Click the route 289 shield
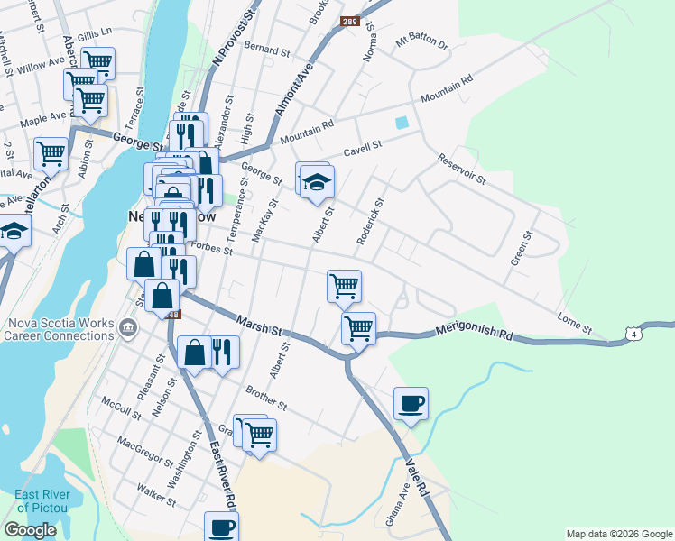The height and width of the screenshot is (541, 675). [x=349, y=21]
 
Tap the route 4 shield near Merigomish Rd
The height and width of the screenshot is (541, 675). [x=636, y=335]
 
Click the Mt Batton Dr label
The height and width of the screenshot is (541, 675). [x=421, y=42]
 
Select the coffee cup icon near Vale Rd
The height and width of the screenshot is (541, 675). [x=411, y=402]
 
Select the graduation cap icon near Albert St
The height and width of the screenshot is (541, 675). [x=317, y=183]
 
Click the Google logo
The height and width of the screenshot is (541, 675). [x=30, y=530]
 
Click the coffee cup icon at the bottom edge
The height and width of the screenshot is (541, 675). [x=221, y=527]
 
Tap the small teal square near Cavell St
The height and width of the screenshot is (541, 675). [x=402, y=123]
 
